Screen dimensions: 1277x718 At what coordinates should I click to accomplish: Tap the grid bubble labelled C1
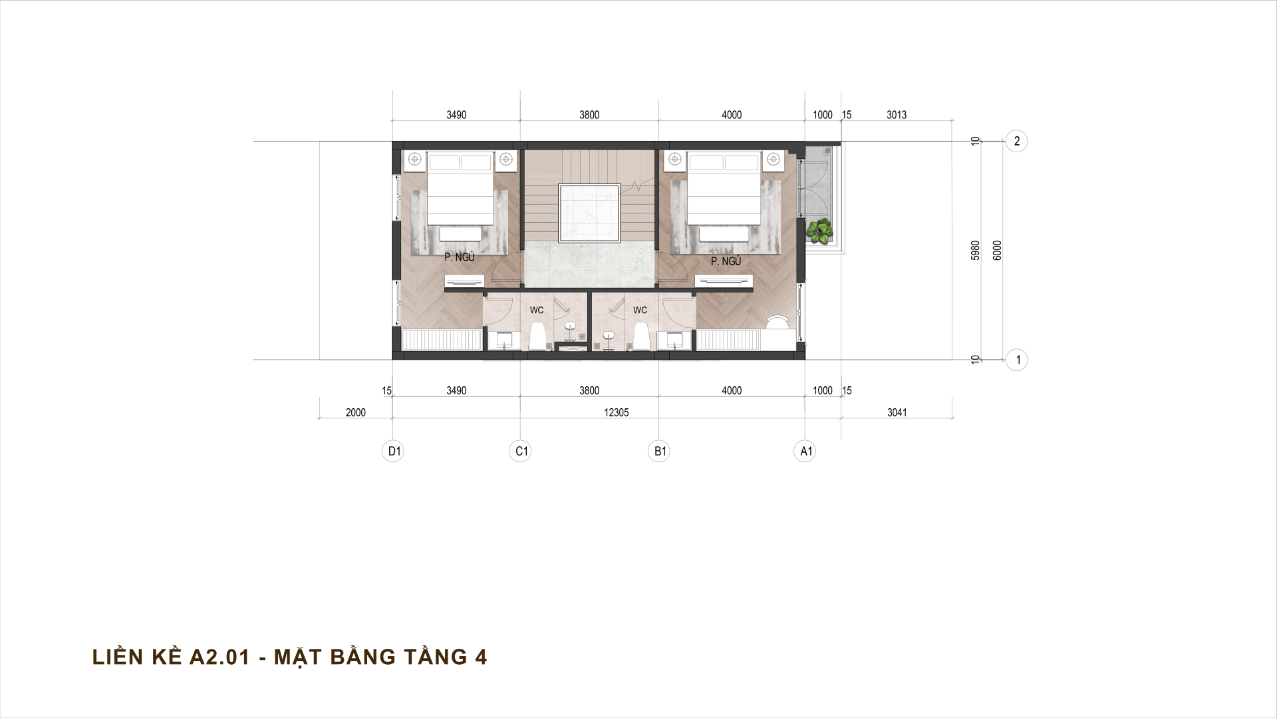click(x=521, y=451)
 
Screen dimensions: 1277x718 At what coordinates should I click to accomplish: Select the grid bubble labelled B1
click(x=659, y=451)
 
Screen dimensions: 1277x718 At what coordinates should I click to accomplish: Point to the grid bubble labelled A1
click(x=805, y=451)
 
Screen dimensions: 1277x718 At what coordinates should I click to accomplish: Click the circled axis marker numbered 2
click(x=1016, y=141)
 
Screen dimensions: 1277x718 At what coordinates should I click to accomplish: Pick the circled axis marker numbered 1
click(x=1016, y=360)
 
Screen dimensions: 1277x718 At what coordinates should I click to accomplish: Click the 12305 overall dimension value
click(x=616, y=413)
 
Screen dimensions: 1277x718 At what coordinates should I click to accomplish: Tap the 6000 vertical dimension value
click(x=997, y=251)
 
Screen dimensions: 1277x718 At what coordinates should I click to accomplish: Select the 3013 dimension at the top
click(x=897, y=115)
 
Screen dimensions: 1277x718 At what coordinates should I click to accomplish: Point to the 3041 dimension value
click(x=897, y=413)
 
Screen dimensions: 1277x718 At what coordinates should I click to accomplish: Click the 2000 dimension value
click(x=356, y=413)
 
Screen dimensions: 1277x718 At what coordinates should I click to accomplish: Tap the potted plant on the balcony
click(x=820, y=231)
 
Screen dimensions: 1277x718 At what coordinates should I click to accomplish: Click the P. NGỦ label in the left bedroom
click(x=460, y=258)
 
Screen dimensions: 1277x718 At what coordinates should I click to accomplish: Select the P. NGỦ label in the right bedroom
click(x=726, y=262)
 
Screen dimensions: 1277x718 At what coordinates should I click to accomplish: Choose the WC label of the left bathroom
click(x=537, y=310)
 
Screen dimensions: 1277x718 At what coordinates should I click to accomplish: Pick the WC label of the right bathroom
click(x=640, y=310)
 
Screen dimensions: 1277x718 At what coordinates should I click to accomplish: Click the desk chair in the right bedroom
click(x=778, y=322)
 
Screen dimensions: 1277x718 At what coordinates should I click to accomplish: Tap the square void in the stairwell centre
click(x=589, y=213)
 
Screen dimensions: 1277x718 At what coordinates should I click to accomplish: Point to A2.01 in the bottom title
click(x=219, y=658)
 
